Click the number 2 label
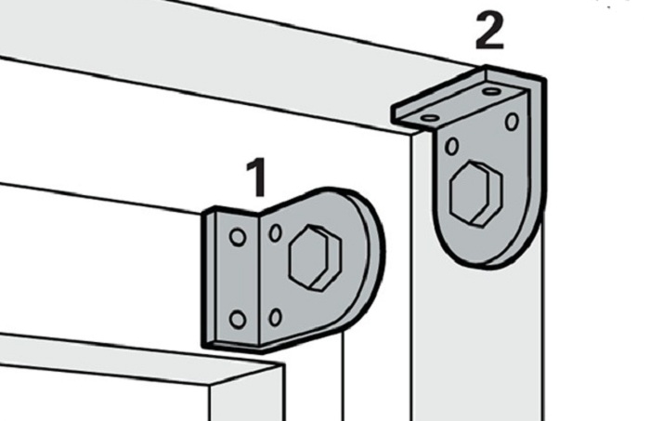point(489,31)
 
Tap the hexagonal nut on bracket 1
point(315,257)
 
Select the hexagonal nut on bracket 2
point(475,193)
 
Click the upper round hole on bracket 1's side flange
point(238,238)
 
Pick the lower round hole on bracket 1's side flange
point(238,320)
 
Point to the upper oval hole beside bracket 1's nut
point(275,232)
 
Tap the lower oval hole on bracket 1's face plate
point(275,317)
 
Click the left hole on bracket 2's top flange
point(430,118)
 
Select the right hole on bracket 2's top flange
point(491,91)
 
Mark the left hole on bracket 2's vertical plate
point(452,147)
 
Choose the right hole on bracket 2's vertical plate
point(512,122)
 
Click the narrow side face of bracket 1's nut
point(331,259)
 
